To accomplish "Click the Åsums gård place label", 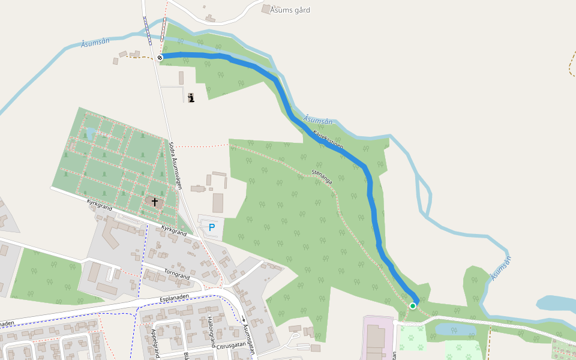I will coord(290,10).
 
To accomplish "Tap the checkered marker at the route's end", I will coord(160,58).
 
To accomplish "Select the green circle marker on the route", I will coord(413,306).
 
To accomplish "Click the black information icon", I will coord(191,98).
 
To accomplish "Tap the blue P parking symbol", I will coord(211,227).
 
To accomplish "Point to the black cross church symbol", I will coord(155,202).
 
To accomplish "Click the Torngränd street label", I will coord(176,275).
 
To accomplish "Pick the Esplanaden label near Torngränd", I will coord(175,297).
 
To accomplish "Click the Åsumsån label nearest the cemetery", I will coord(95,43).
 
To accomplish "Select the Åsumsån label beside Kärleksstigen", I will coord(318,121).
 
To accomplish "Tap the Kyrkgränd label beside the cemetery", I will coord(99,207).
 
